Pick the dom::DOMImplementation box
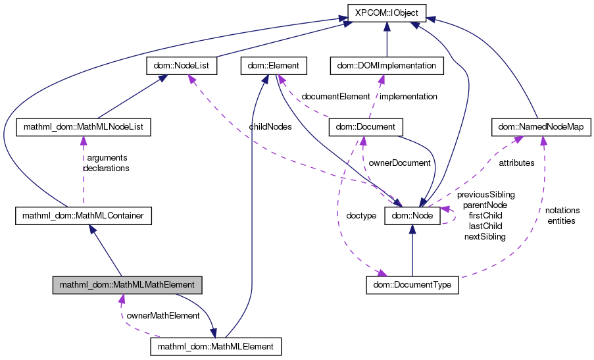click(x=386, y=66)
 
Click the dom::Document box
click(x=364, y=126)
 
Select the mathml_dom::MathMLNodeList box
click(x=83, y=126)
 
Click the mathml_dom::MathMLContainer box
click(x=84, y=215)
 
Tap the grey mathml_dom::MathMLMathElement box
click(x=127, y=285)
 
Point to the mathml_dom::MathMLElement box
click(x=216, y=346)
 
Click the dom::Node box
click(x=412, y=215)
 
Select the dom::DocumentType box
click(x=412, y=285)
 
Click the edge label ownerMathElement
click(x=162, y=316)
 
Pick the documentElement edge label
click(x=335, y=96)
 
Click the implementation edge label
click(x=409, y=96)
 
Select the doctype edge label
click(x=360, y=215)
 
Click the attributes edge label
click(x=516, y=163)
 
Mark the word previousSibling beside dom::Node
click(x=485, y=195)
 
